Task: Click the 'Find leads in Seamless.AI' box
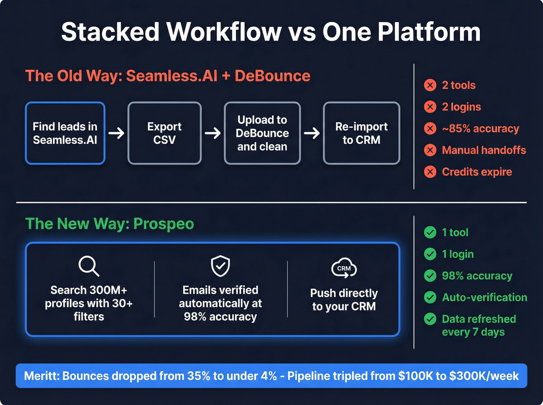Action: tap(65, 133)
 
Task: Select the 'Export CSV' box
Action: tap(164, 133)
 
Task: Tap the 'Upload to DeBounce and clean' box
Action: tap(262, 133)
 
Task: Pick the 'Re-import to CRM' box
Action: tap(361, 133)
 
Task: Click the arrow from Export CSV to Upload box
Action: tap(213, 133)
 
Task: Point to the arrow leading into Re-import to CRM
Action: tap(311, 133)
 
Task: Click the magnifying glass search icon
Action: tap(89, 266)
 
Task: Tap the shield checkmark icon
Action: tap(220, 266)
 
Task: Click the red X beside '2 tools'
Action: tap(430, 85)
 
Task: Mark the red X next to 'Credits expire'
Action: tap(430, 172)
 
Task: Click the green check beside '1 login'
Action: tap(430, 254)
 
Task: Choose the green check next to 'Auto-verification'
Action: tap(430, 297)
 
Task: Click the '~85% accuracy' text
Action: tap(480, 128)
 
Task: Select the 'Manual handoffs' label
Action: tap(484, 150)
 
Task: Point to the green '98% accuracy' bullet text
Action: tap(477, 276)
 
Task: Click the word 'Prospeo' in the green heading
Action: tap(163, 224)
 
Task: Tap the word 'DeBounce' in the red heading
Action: tap(272, 76)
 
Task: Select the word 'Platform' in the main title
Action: tap(429, 32)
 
